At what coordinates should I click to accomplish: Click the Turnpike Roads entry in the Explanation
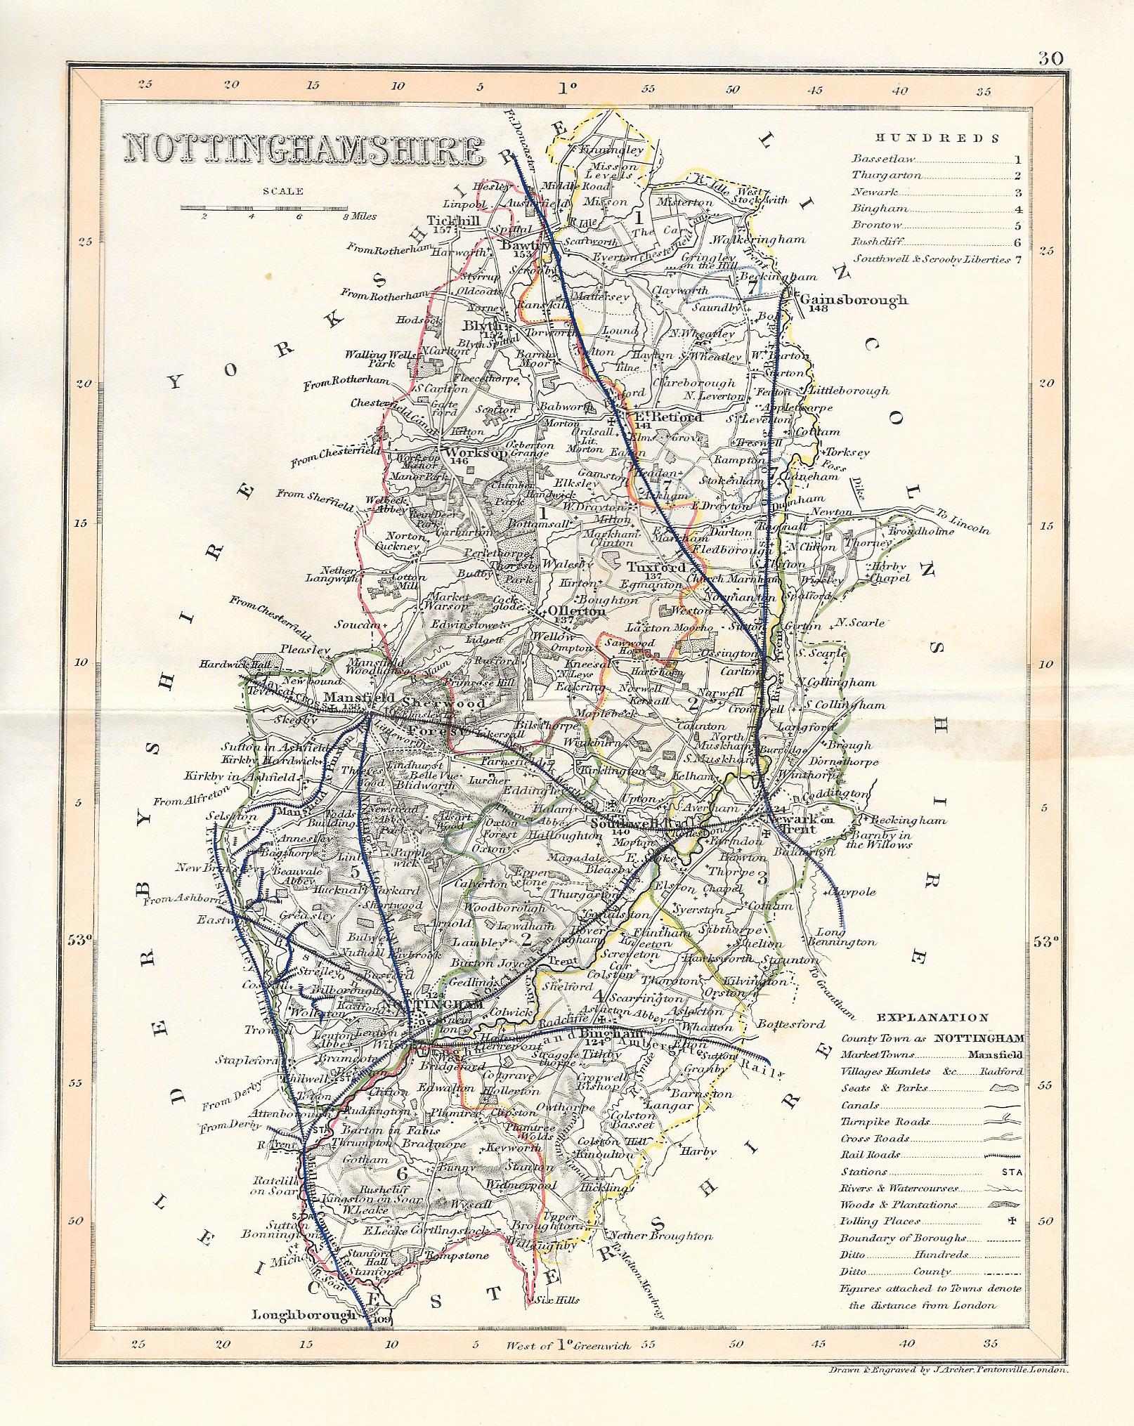pos(875,1122)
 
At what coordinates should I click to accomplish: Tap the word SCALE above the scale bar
pos(283,191)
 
